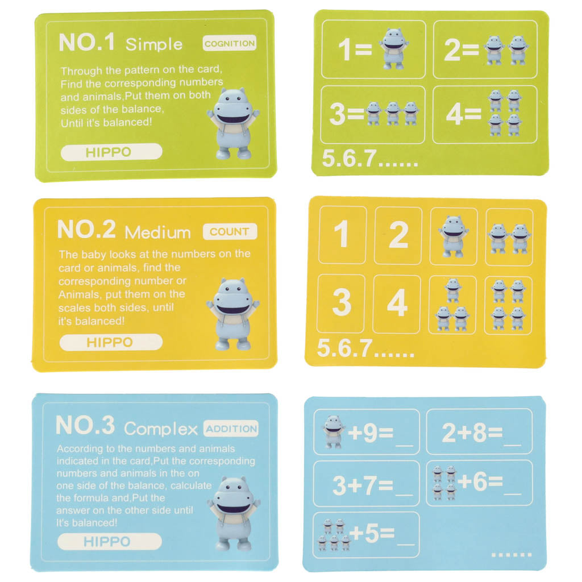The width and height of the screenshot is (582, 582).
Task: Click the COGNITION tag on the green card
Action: point(230,43)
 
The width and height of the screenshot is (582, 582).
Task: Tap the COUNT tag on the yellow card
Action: point(230,231)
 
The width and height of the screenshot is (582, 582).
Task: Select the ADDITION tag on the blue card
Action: point(231,429)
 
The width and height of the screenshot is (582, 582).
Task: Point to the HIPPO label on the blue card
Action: point(107,541)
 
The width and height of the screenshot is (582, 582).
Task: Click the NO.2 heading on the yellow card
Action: point(86,230)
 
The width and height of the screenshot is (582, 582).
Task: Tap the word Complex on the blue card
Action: point(161,429)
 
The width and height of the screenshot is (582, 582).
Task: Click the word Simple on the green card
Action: point(154,44)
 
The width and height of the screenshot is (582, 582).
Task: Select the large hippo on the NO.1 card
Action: point(233,123)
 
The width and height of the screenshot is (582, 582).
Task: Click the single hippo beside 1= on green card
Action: point(393,49)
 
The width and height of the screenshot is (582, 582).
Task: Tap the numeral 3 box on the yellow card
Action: point(341,304)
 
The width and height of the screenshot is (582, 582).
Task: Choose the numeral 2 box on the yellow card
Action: point(398,235)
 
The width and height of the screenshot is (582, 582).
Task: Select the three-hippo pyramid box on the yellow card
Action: point(452,305)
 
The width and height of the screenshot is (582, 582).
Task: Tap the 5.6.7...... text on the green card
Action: point(369,160)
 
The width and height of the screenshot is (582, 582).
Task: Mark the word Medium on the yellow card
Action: point(158,232)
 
